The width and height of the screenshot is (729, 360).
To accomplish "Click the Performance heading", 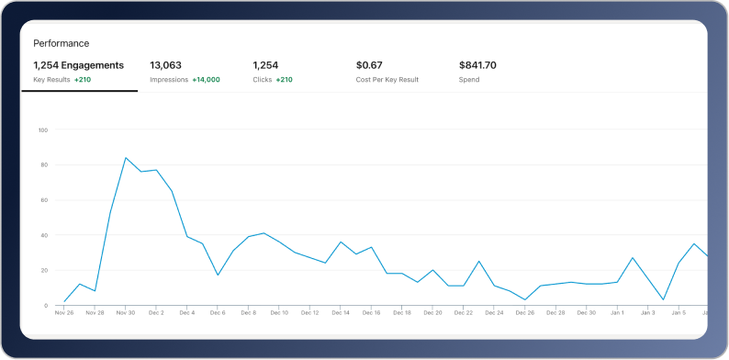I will (x=61, y=43).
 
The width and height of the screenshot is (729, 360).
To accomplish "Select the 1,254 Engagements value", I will (x=78, y=65).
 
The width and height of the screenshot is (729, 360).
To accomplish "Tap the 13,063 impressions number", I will (x=166, y=65).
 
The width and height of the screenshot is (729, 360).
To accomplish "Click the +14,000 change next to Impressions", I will (x=206, y=80).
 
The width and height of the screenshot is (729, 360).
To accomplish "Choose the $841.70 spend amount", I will (x=477, y=65).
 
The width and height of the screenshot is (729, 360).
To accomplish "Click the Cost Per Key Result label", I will (x=387, y=80).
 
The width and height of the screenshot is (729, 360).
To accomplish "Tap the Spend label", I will (x=468, y=80).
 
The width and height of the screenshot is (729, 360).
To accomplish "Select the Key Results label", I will (x=51, y=80).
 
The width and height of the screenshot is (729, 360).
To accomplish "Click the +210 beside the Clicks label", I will (x=283, y=80).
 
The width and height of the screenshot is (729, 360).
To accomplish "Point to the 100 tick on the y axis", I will (x=43, y=129).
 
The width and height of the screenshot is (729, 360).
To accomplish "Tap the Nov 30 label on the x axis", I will (x=126, y=313).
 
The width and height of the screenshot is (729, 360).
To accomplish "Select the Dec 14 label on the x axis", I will (x=341, y=313).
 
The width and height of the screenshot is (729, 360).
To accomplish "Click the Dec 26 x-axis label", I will (x=524, y=313).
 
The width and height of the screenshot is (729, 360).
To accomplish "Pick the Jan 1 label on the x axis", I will (x=617, y=313).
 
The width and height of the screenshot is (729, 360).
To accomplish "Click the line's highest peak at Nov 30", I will (x=126, y=158).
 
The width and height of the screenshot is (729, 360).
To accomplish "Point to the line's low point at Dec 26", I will (x=524, y=299).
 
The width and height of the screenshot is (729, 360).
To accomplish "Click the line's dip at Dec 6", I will (x=218, y=275).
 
